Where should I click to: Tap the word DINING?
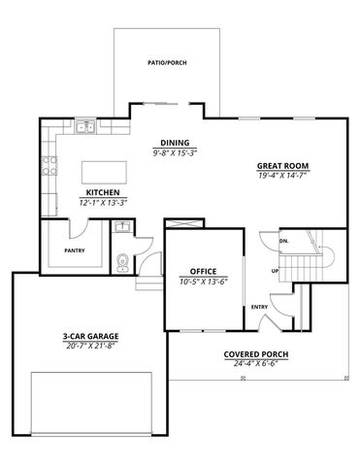coord(175,143)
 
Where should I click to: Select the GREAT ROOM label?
coord(277,165)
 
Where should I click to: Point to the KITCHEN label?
coord(103,192)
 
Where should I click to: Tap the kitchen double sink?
coord(85,127)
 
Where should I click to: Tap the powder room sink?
coord(121,229)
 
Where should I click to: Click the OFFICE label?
coord(203,271)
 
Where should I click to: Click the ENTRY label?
coord(259,307)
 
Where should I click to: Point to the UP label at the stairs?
coord(276,270)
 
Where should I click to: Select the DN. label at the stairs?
coord(284,239)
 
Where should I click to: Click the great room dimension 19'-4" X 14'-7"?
coord(277,176)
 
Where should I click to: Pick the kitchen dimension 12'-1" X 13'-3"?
coord(103,203)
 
